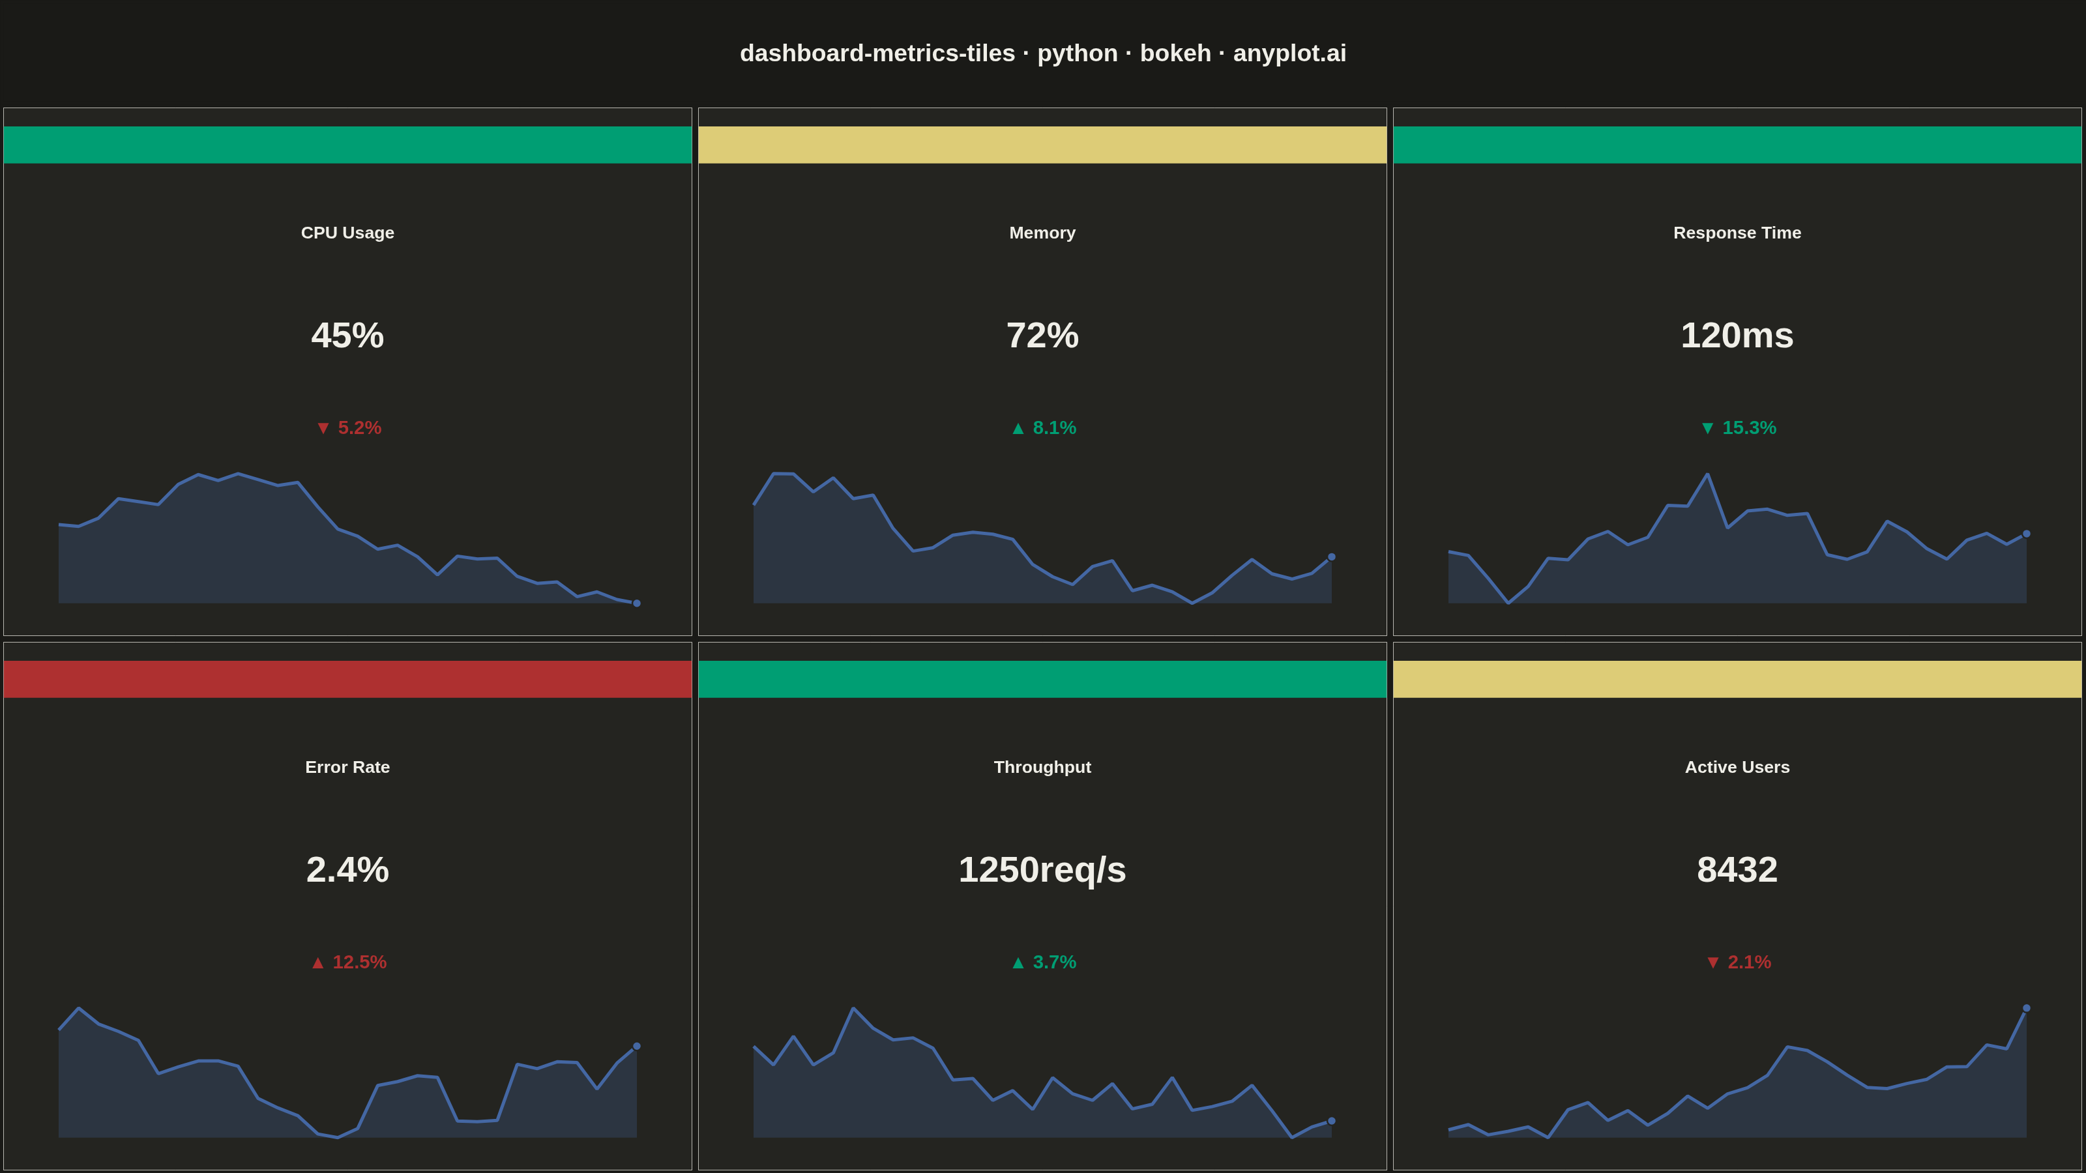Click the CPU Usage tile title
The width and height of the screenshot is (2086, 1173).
coord(347,233)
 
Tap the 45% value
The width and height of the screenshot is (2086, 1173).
coord(347,335)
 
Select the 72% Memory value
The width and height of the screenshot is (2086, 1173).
coord(1042,335)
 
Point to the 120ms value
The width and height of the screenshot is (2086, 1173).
coord(1737,335)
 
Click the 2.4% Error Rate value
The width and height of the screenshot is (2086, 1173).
coord(347,869)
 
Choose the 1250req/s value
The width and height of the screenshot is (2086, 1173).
coord(1042,870)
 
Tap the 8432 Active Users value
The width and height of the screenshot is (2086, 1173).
coord(1737,869)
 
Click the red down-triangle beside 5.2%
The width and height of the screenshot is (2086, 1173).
coord(323,428)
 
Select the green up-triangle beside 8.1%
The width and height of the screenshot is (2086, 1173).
coord(1018,428)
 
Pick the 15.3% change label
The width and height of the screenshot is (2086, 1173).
coord(1749,427)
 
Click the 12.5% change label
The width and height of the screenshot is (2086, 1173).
coord(360,962)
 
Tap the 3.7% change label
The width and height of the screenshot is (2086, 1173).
coord(1054,962)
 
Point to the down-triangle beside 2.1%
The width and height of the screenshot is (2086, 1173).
coord(1712,963)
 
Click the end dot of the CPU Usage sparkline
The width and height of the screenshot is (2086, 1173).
coord(636,603)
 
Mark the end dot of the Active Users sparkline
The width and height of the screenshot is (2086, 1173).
coord(2026,1008)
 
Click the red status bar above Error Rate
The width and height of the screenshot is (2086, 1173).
coord(347,679)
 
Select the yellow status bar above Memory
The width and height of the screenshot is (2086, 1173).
coord(1042,145)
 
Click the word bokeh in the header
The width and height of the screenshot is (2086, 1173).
coord(1175,53)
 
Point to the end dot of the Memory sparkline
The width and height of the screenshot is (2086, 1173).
coord(1331,557)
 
